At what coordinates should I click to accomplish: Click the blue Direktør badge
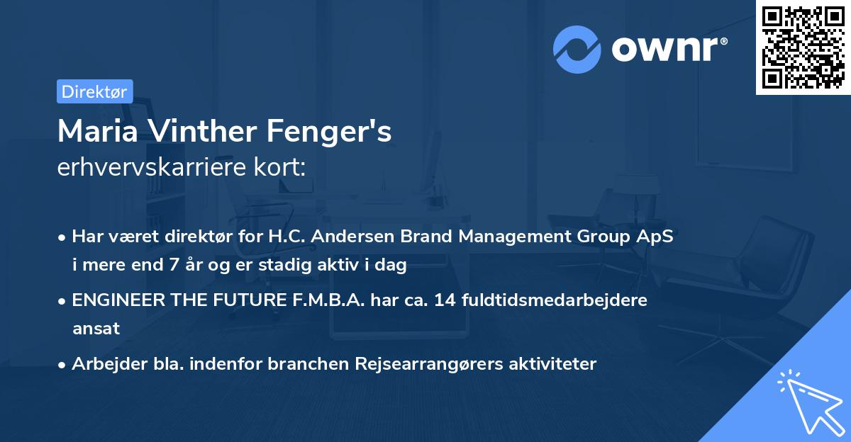click(94, 91)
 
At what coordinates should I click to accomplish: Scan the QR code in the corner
click(803, 47)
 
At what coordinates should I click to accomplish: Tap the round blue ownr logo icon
click(577, 49)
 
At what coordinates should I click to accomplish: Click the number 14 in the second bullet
click(445, 300)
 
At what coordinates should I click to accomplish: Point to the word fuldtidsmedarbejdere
click(555, 300)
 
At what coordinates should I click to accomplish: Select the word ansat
click(96, 329)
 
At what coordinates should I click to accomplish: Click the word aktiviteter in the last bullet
click(550, 364)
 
